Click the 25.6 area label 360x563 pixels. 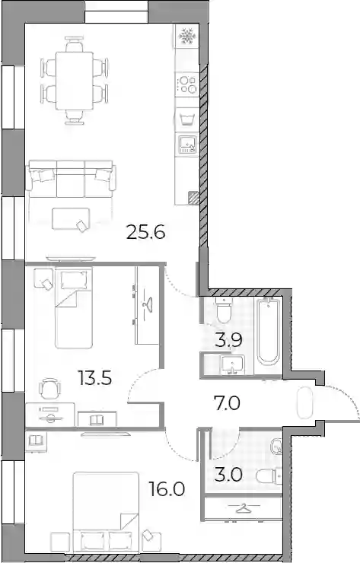pyautogui.click(x=145, y=233)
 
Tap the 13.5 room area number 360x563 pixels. pyautogui.click(x=95, y=378)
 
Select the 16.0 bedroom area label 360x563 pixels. pyautogui.click(x=167, y=489)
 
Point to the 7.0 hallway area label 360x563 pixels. pyautogui.click(x=227, y=403)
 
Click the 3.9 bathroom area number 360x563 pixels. pyautogui.click(x=228, y=340)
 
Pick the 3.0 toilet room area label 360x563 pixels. pyautogui.click(x=228, y=475)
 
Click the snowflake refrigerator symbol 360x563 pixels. pyautogui.click(x=186, y=36)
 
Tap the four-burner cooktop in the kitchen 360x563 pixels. pyautogui.click(x=187, y=84)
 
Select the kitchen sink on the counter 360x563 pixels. pyautogui.click(x=187, y=145)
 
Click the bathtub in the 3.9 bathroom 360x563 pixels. pyautogui.click(x=269, y=331)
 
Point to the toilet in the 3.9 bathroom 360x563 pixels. pyautogui.click(x=224, y=310)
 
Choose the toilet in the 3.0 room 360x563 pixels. pyautogui.click(x=269, y=476)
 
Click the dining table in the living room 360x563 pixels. pyautogui.click(x=75, y=81)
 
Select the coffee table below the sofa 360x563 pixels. pyautogui.click(x=71, y=218)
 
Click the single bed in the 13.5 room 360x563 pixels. pyautogui.click(x=74, y=307)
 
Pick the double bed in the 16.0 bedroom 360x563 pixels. pyautogui.click(x=106, y=513)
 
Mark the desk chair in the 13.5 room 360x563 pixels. pyautogui.click(x=49, y=388)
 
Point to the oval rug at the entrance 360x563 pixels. pyautogui.click(x=304, y=402)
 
